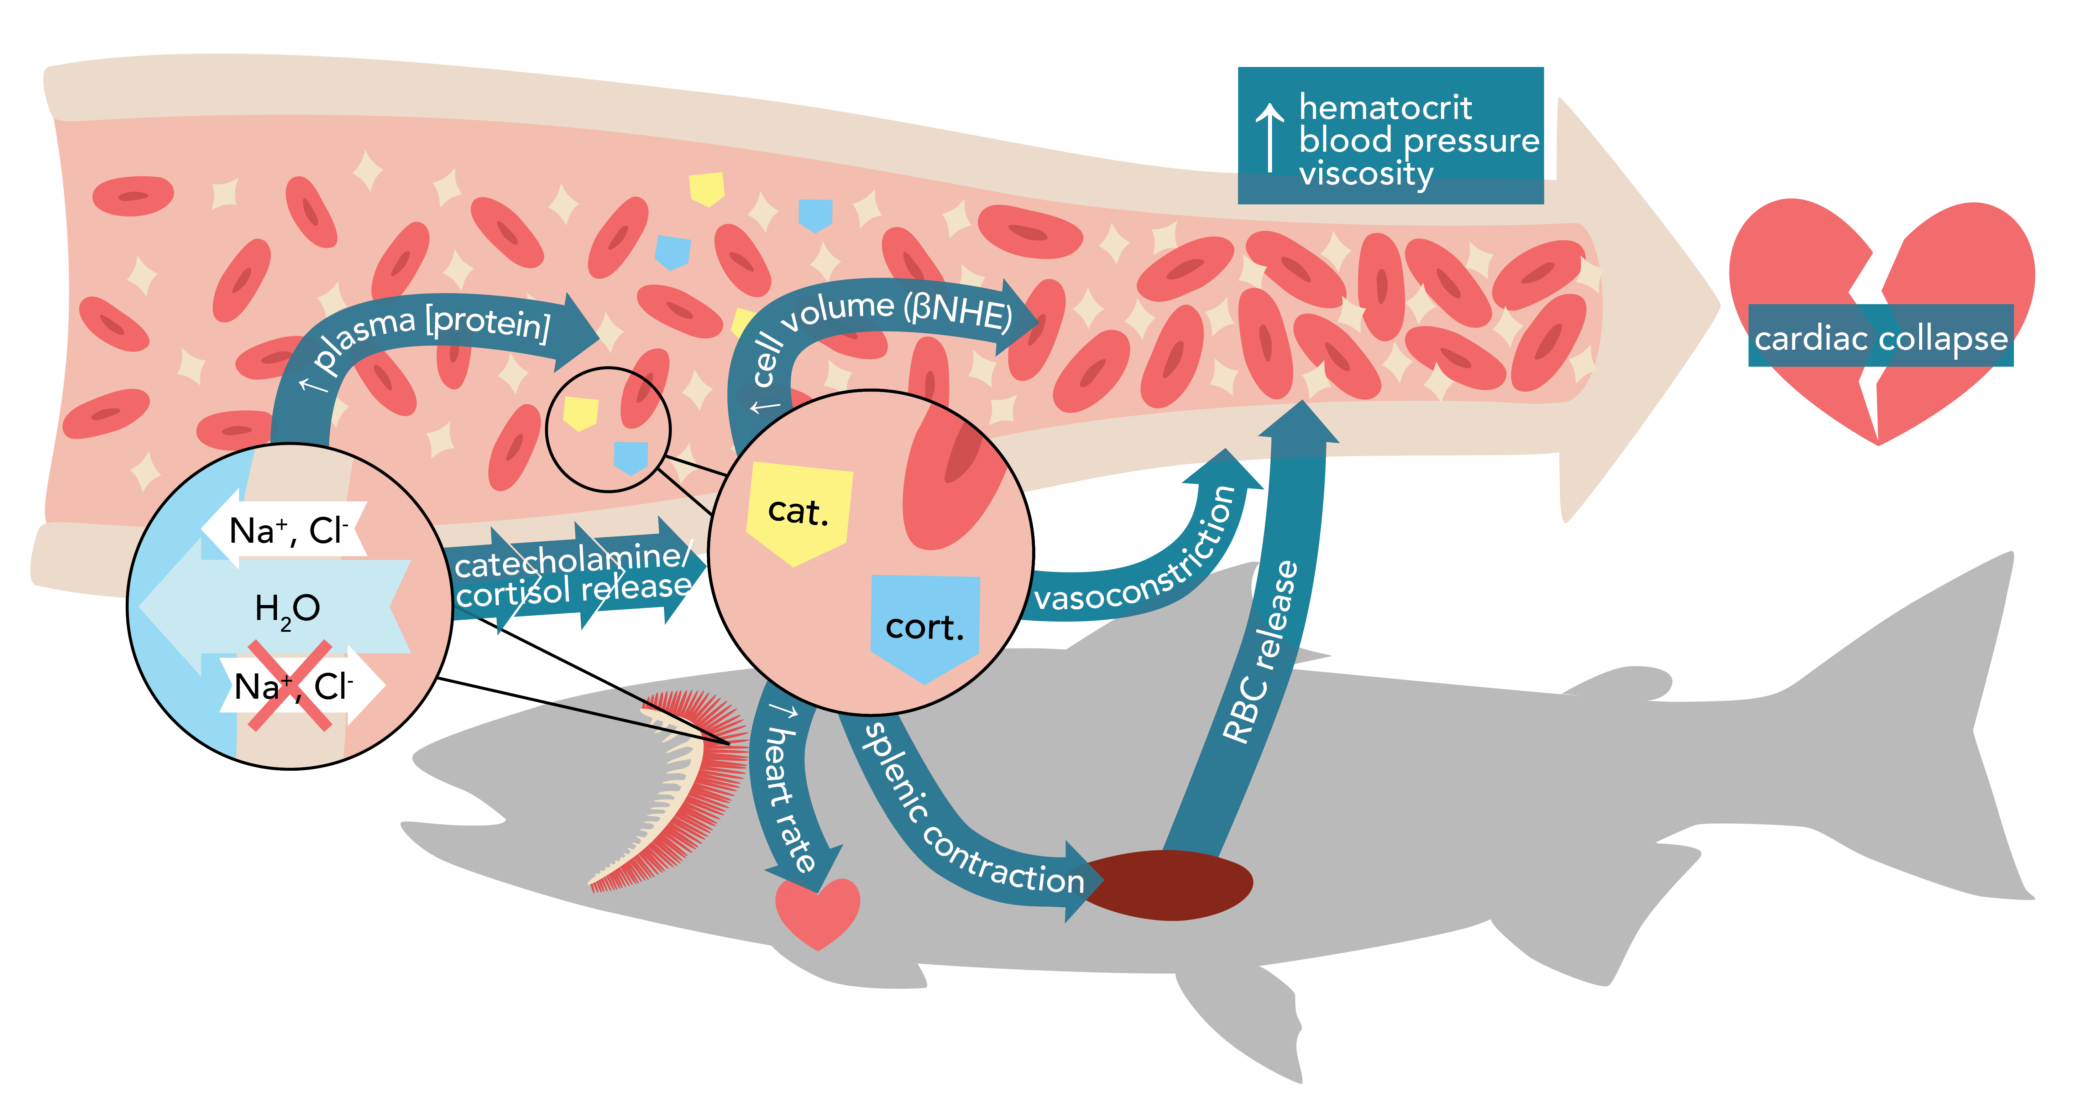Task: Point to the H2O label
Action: point(287,608)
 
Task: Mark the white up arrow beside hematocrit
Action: point(1270,137)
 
